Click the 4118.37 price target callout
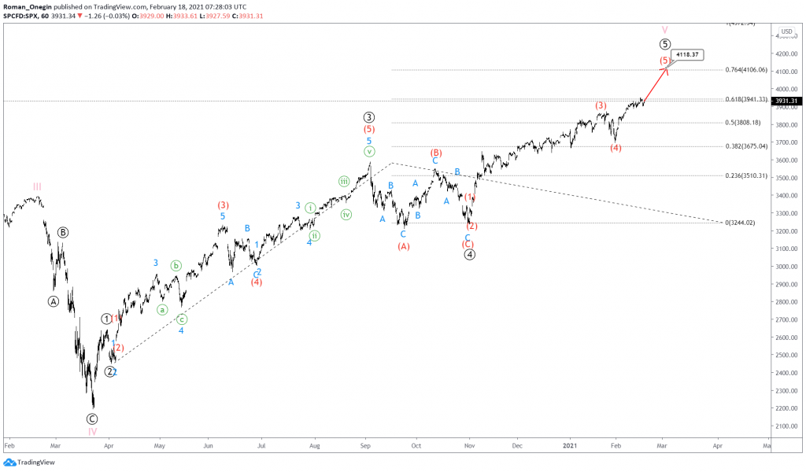tap(687, 54)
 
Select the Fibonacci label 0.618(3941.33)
tap(747, 99)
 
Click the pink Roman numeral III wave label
tap(37, 186)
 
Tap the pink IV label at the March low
tap(92, 431)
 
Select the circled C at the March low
tap(92, 419)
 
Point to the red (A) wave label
tap(403, 246)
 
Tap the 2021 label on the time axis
tap(573, 444)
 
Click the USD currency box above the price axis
tap(786, 31)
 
